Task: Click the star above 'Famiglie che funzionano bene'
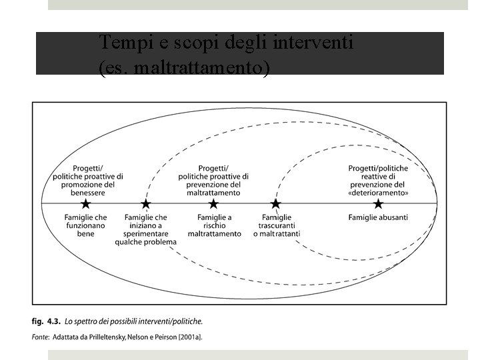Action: (x=85, y=203)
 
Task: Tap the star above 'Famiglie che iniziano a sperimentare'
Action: (x=145, y=203)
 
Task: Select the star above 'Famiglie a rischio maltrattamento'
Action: (x=213, y=203)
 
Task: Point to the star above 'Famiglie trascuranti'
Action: (x=275, y=203)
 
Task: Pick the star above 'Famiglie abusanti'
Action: (x=378, y=203)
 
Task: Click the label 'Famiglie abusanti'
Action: (x=378, y=217)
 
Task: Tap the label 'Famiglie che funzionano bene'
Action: (x=85, y=225)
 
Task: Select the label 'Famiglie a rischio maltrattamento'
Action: (x=214, y=225)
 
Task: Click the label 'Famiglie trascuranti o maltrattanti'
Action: (x=277, y=225)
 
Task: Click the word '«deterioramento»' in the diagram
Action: (x=379, y=192)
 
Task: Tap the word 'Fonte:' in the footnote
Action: (x=41, y=337)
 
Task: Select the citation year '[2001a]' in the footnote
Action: (x=188, y=337)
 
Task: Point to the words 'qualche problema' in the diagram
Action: (x=145, y=241)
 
